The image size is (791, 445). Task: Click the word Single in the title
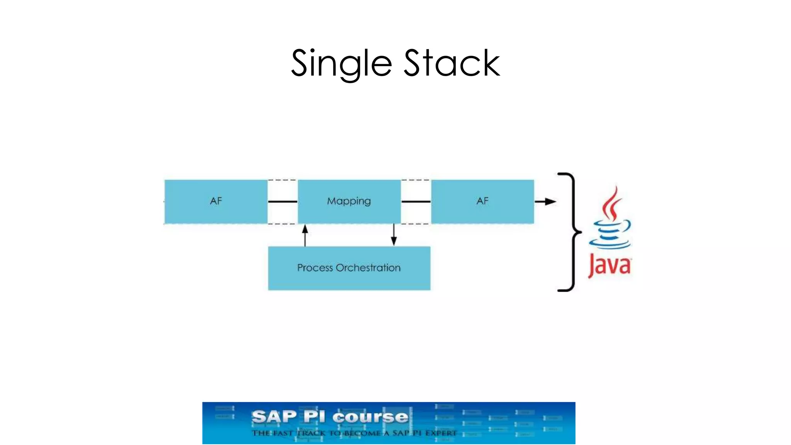341,64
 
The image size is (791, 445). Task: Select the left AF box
216,201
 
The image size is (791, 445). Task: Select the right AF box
482,201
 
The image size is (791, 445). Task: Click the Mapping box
349,201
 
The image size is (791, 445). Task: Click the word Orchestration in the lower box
368,268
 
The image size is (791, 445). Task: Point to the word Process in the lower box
315,268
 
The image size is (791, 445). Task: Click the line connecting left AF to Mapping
282,202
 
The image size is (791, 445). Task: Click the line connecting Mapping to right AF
416,202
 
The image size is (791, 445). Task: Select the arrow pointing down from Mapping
394,235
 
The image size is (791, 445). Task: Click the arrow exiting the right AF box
545,201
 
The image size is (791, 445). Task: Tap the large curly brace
570,232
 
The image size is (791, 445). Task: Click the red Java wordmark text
609,266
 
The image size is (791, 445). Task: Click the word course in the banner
370,417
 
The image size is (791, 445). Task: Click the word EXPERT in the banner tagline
441,433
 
